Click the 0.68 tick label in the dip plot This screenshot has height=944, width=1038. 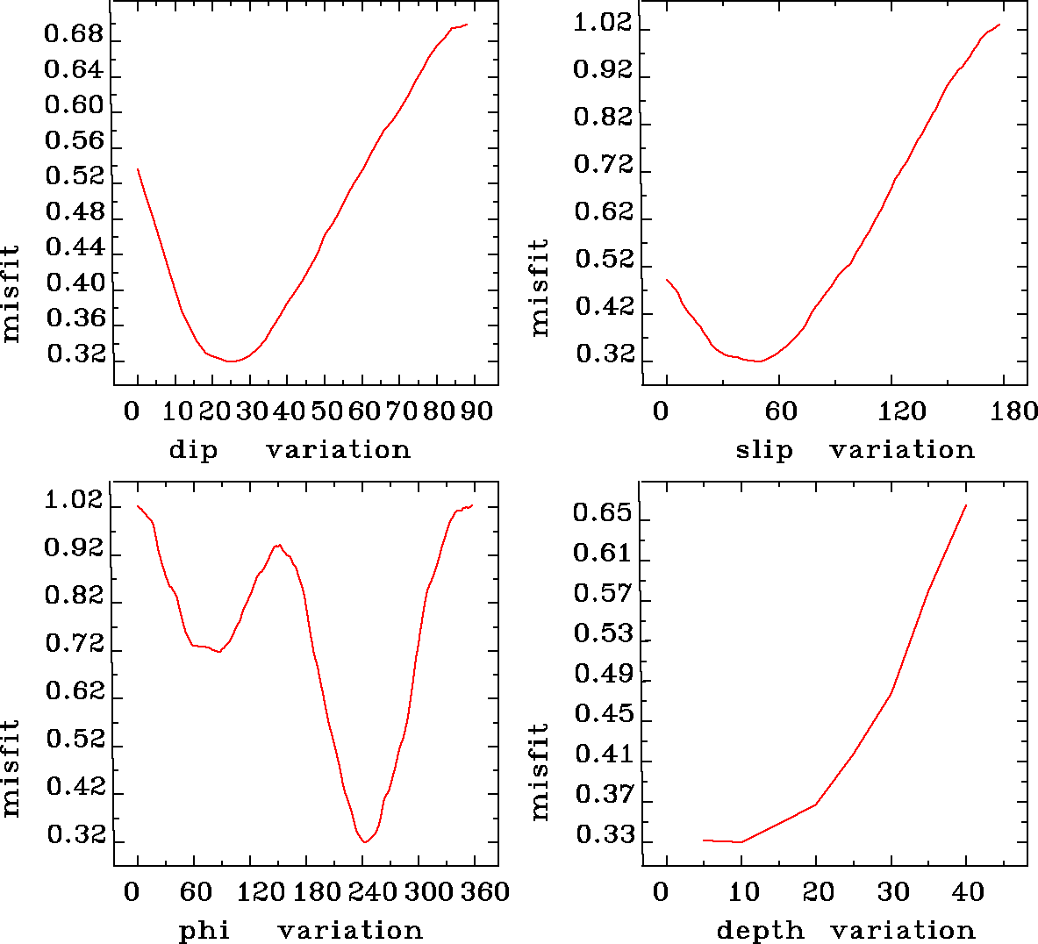74,36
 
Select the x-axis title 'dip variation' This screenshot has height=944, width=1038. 290,450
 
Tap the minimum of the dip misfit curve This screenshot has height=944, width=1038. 231,361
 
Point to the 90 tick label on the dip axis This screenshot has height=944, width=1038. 477,411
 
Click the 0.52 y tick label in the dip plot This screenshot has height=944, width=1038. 74,178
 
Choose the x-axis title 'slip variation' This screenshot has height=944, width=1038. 855,450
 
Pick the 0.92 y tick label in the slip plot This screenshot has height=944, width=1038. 603,70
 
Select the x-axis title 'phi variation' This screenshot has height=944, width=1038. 301,930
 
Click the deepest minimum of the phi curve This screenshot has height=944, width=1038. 365,842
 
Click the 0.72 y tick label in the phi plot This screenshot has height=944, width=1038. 74,646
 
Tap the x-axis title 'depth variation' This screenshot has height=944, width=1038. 846,930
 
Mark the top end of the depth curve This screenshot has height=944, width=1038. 966,505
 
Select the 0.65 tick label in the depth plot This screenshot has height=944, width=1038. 603,512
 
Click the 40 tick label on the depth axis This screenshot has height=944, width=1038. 969,892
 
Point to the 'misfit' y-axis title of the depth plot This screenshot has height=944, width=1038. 540,772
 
